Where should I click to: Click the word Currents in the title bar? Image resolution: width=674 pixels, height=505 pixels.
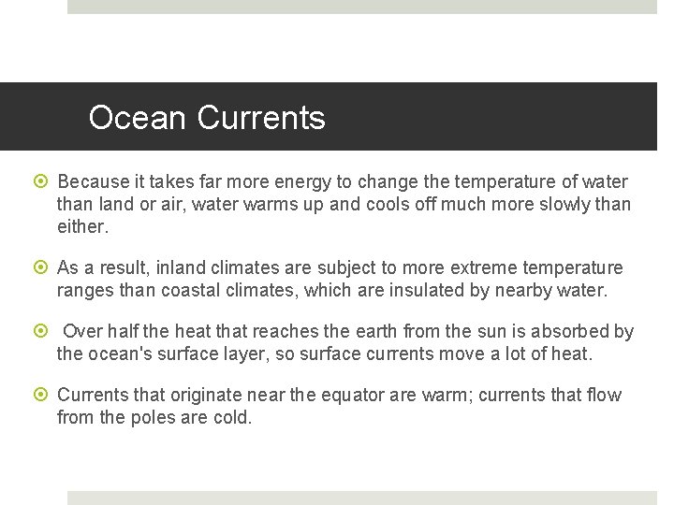click(261, 118)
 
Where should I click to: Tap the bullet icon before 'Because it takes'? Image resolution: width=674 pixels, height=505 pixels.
click(43, 181)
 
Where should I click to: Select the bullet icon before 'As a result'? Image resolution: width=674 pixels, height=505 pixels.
click(43, 268)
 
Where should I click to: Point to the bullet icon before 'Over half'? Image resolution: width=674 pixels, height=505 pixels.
click(43, 332)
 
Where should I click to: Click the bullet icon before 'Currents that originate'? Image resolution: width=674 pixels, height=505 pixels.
click(43, 396)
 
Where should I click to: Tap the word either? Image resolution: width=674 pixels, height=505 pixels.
click(82, 226)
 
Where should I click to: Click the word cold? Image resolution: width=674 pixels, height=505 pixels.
click(232, 417)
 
